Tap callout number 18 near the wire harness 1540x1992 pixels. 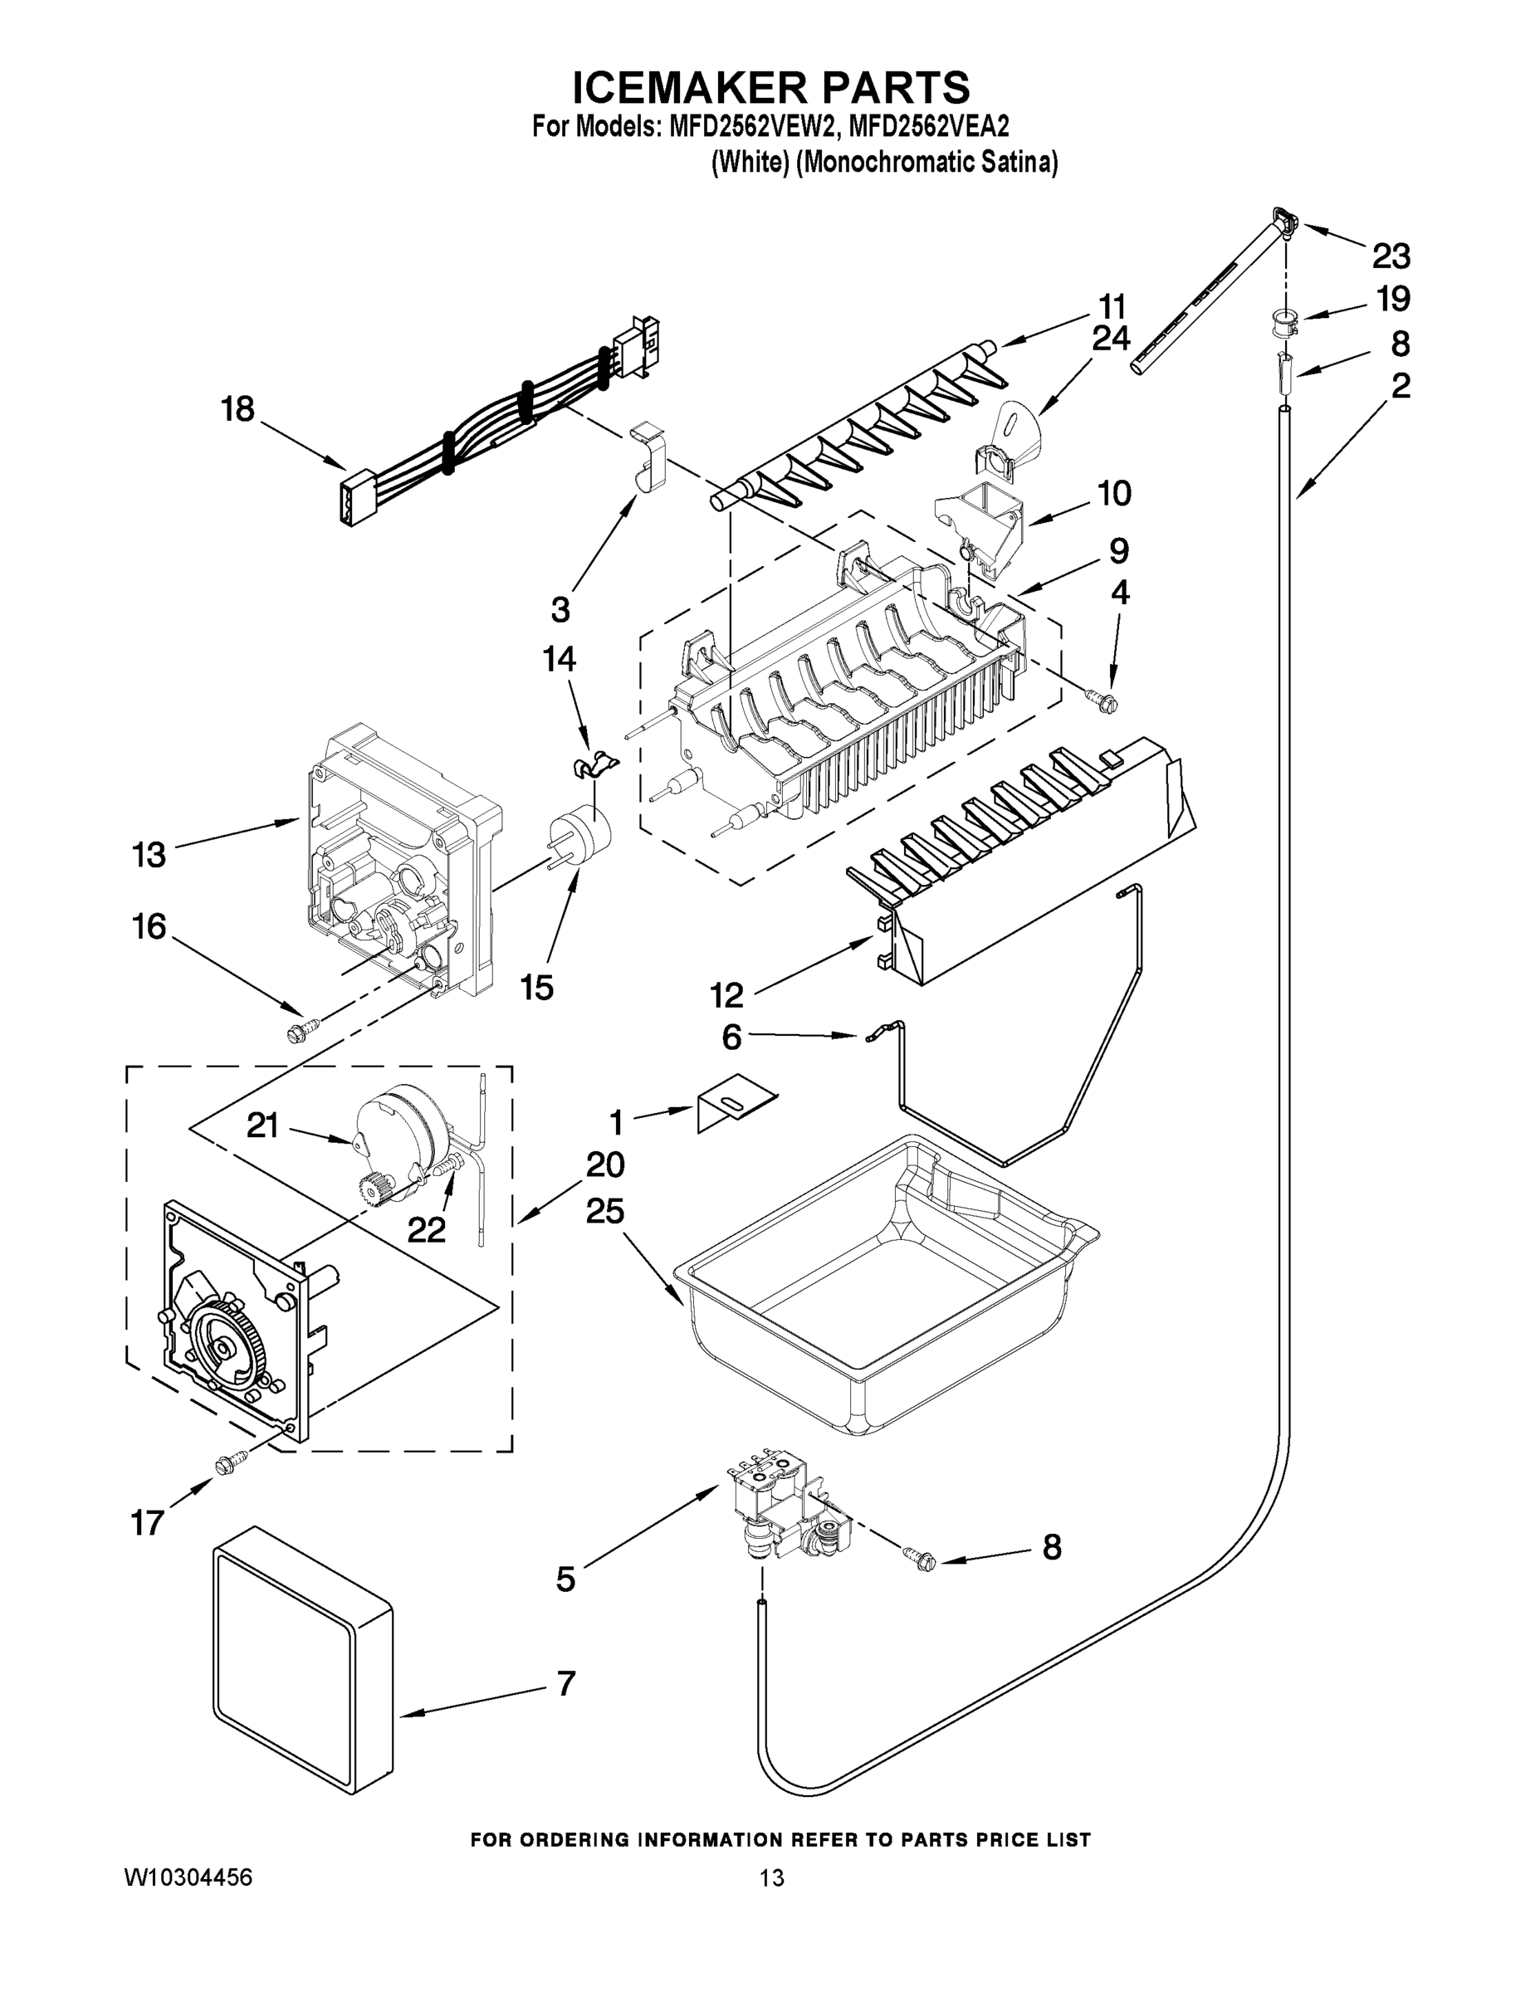(x=237, y=409)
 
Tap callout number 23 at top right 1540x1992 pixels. (x=1391, y=256)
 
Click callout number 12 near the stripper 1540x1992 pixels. (x=727, y=995)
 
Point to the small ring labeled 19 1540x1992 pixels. (x=1283, y=322)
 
